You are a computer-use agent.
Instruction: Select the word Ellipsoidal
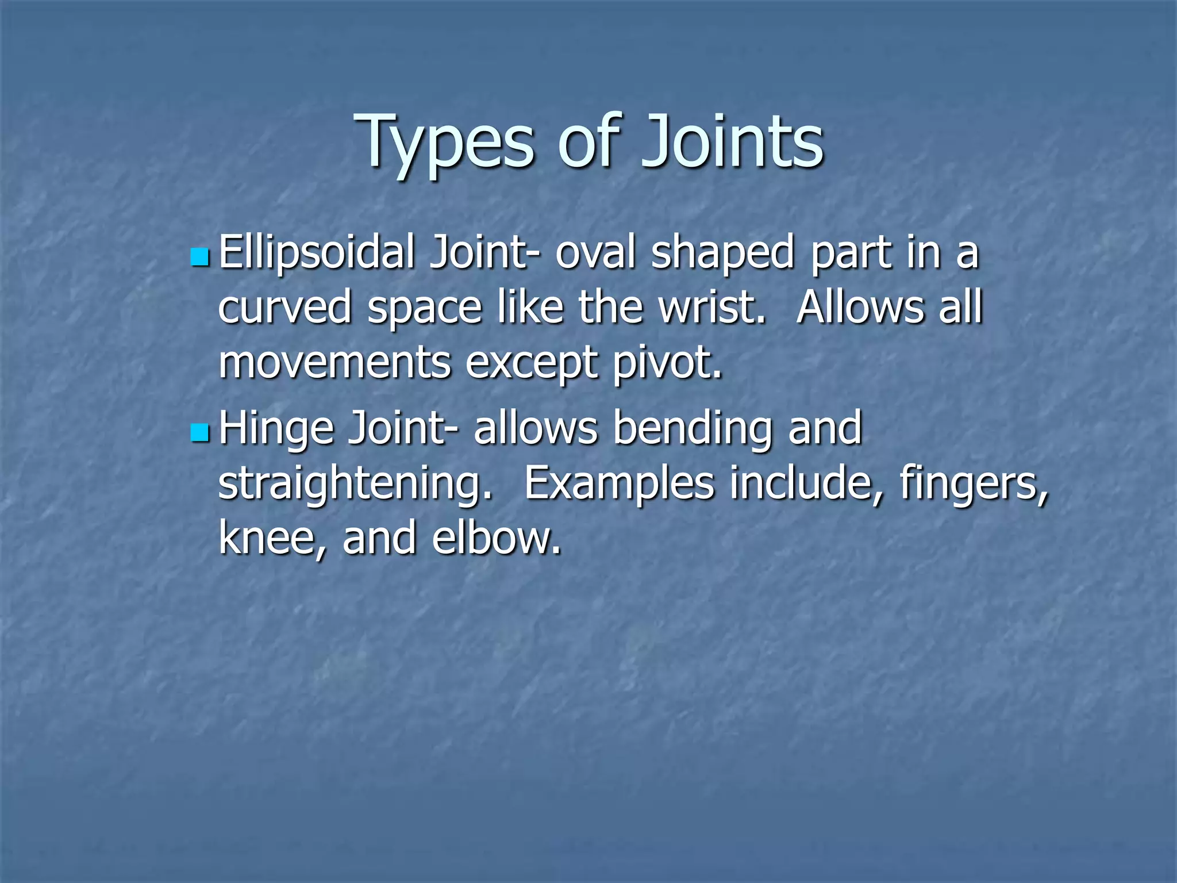(x=317, y=253)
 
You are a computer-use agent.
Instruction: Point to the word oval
(x=595, y=253)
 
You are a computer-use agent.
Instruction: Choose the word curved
(x=285, y=308)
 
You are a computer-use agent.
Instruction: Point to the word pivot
(x=667, y=363)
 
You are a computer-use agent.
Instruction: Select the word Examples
(x=620, y=484)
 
